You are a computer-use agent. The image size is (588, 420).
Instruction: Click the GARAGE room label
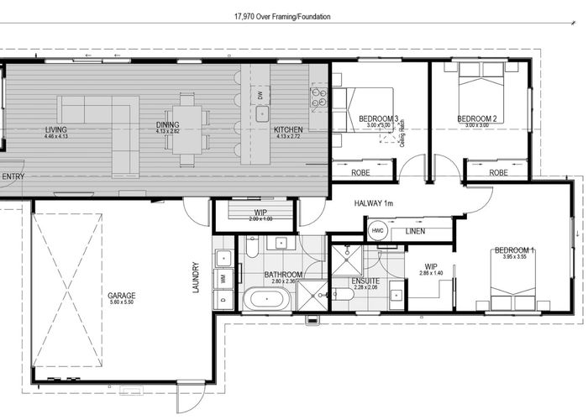click(122, 296)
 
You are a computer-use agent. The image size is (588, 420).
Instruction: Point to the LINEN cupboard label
click(415, 231)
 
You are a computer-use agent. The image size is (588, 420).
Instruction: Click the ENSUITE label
click(365, 281)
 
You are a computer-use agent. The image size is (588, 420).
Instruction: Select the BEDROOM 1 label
click(514, 250)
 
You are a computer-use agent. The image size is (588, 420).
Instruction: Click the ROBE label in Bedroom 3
click(361, 172)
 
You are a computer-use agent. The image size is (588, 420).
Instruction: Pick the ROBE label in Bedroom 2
click(498, 172)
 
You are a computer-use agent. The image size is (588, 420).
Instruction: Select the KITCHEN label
click(288, 129)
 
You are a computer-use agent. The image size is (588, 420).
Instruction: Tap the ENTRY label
click(13, 176)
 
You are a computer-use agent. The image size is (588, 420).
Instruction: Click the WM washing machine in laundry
click(223, 277)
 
